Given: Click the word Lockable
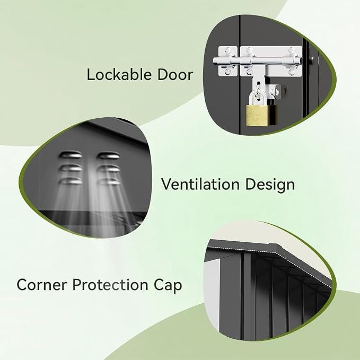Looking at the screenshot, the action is [x=119, y=74].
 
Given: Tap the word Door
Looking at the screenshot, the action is [x=175, y=75].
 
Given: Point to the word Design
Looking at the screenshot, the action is [x=270, y=185].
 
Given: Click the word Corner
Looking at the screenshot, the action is [x=41, y=285].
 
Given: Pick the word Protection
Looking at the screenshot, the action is [x=110, y=285].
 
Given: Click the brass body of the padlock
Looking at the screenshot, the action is [x=257, y=115].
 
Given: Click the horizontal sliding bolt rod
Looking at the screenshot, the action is [x=257, y=61].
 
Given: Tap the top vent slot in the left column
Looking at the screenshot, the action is [x=71, y=155].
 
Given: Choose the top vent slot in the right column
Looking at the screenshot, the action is [x=108, y=155].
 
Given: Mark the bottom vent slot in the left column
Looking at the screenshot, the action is [x=71, y=181].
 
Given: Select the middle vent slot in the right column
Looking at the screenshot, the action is [x=108, y=169].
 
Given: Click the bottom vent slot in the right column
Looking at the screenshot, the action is [x=108, y=182].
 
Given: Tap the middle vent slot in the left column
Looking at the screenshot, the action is [x=71, y=168].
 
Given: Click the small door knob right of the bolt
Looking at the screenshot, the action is [x=312, y=60].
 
